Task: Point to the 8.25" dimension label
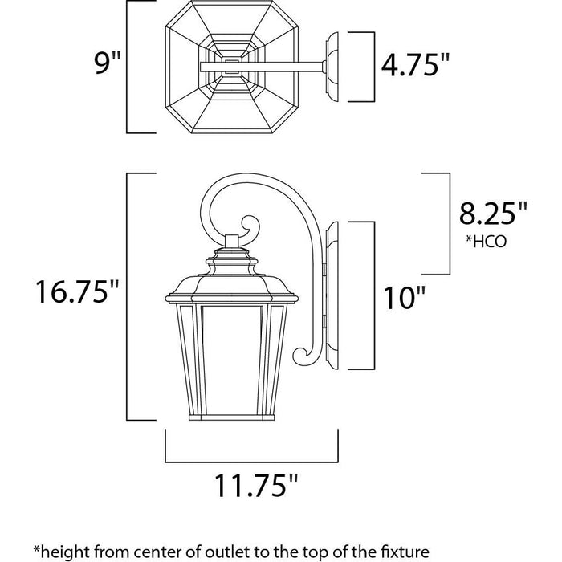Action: [x=493, y=213]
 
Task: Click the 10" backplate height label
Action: [x=404, y=298]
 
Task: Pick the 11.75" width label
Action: [x=256, y=485]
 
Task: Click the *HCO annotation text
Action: [x=486, y=241]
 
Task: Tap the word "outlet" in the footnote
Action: [x=228, y=551]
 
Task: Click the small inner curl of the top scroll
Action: [x=250, y=227]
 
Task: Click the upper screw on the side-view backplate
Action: [x=324, y=270]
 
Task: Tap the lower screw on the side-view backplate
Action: [x=324, y=321]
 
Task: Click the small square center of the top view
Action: [x=231, y=67]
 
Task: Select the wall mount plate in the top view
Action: [x=332, y=67]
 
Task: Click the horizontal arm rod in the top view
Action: [x=262, y=67]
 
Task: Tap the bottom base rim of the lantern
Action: [x=231, y=417]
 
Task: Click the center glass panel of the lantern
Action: [x=231, y=360]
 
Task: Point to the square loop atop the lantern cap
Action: [x=232, y=241]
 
